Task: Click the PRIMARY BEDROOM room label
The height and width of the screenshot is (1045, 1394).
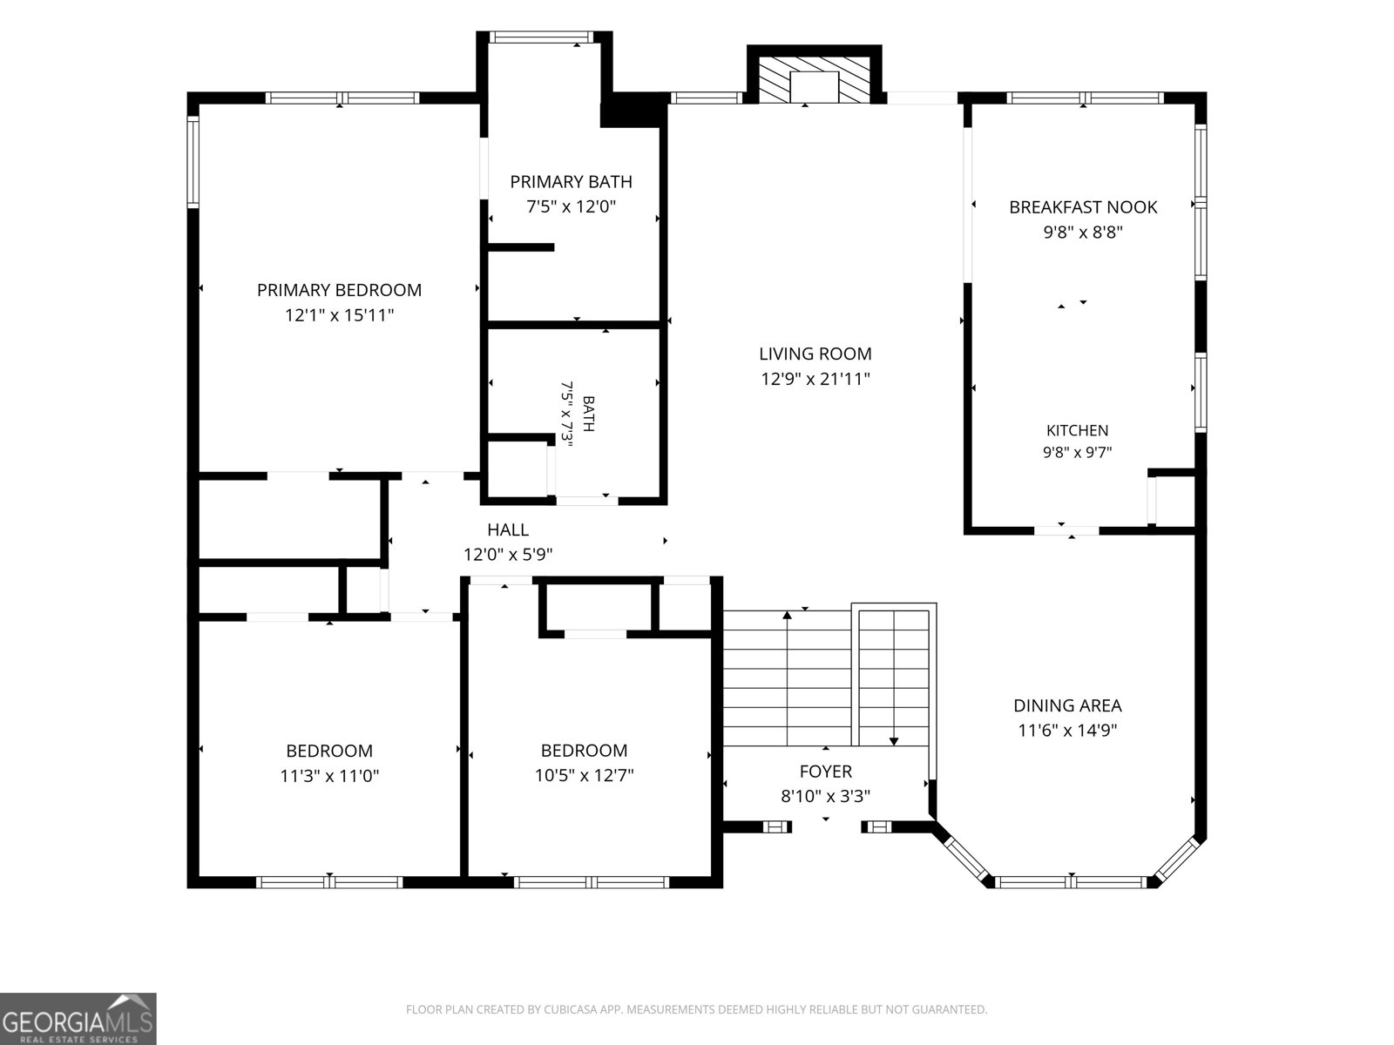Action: coord(339,290)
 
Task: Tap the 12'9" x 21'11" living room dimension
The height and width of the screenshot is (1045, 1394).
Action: coord(815,379)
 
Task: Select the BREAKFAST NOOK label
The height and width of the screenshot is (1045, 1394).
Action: coord(1083,207)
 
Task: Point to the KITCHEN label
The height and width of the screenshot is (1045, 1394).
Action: coord(1077,430)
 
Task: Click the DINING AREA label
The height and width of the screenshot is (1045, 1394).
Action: coord(1067,705)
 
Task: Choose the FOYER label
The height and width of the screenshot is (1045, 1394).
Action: coord(826,772)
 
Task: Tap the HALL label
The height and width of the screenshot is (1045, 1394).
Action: coord(508,529)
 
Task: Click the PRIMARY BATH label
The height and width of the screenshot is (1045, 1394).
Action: coord(571,182)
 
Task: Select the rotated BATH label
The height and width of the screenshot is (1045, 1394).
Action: coord(589,414)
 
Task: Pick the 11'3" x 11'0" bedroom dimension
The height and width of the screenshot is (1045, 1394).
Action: coord(329,775)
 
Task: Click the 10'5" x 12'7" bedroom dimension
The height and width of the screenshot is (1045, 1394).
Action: coord(585,775)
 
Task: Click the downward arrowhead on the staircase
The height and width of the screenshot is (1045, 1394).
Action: coord(894,741)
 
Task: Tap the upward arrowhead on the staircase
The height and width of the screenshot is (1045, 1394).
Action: coord(787,615)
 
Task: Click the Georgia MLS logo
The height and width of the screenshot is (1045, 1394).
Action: coord(78,1019)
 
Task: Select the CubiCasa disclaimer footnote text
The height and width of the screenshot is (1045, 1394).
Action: coord(697,1008)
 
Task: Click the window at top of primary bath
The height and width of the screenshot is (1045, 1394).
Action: coord(541,37)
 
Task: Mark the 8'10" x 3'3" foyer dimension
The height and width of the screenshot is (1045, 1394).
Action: coord(826,796)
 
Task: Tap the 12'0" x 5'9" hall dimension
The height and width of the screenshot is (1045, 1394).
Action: coord(508,555)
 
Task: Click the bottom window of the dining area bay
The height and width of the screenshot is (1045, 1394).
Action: coord(1071,882)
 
